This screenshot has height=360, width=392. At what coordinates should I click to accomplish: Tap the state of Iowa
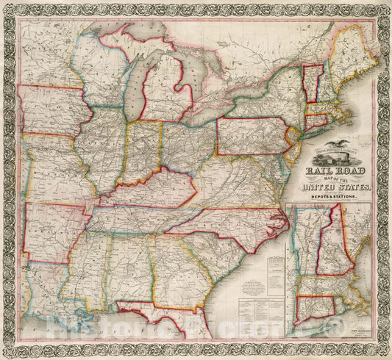[51, 109]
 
